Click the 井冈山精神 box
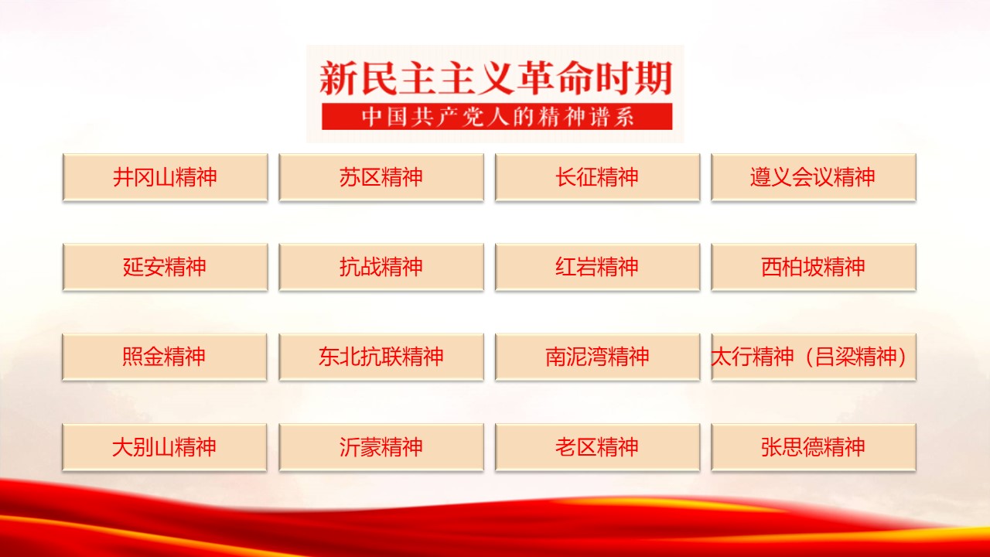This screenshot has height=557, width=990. click(166, 178)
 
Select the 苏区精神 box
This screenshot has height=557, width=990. click(381, 178)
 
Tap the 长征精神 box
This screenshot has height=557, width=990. click(598, 178)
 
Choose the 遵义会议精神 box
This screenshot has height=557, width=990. click(814, 178)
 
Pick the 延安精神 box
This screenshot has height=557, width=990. click(166, 267)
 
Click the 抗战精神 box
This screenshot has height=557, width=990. click(381, 267)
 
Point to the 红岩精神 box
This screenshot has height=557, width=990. click(598, 267)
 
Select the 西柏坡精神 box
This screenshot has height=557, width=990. click(814, 267)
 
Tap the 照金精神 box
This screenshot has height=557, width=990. click(165, 357)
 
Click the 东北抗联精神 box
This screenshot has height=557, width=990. click(381, 357)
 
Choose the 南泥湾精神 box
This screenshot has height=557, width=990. click(598, 357)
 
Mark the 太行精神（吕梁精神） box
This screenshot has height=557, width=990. click(814, 357)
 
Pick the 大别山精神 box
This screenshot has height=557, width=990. click(165, 447)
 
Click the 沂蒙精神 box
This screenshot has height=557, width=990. click(381, 447)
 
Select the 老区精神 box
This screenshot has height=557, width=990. click(598, 447)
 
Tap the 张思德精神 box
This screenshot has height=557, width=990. click(814, 447)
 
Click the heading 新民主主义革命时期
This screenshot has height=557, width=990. click(496, 78)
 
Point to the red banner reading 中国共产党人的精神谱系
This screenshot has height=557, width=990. click(497, 117)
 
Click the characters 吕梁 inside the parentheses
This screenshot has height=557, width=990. click(835, 357)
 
